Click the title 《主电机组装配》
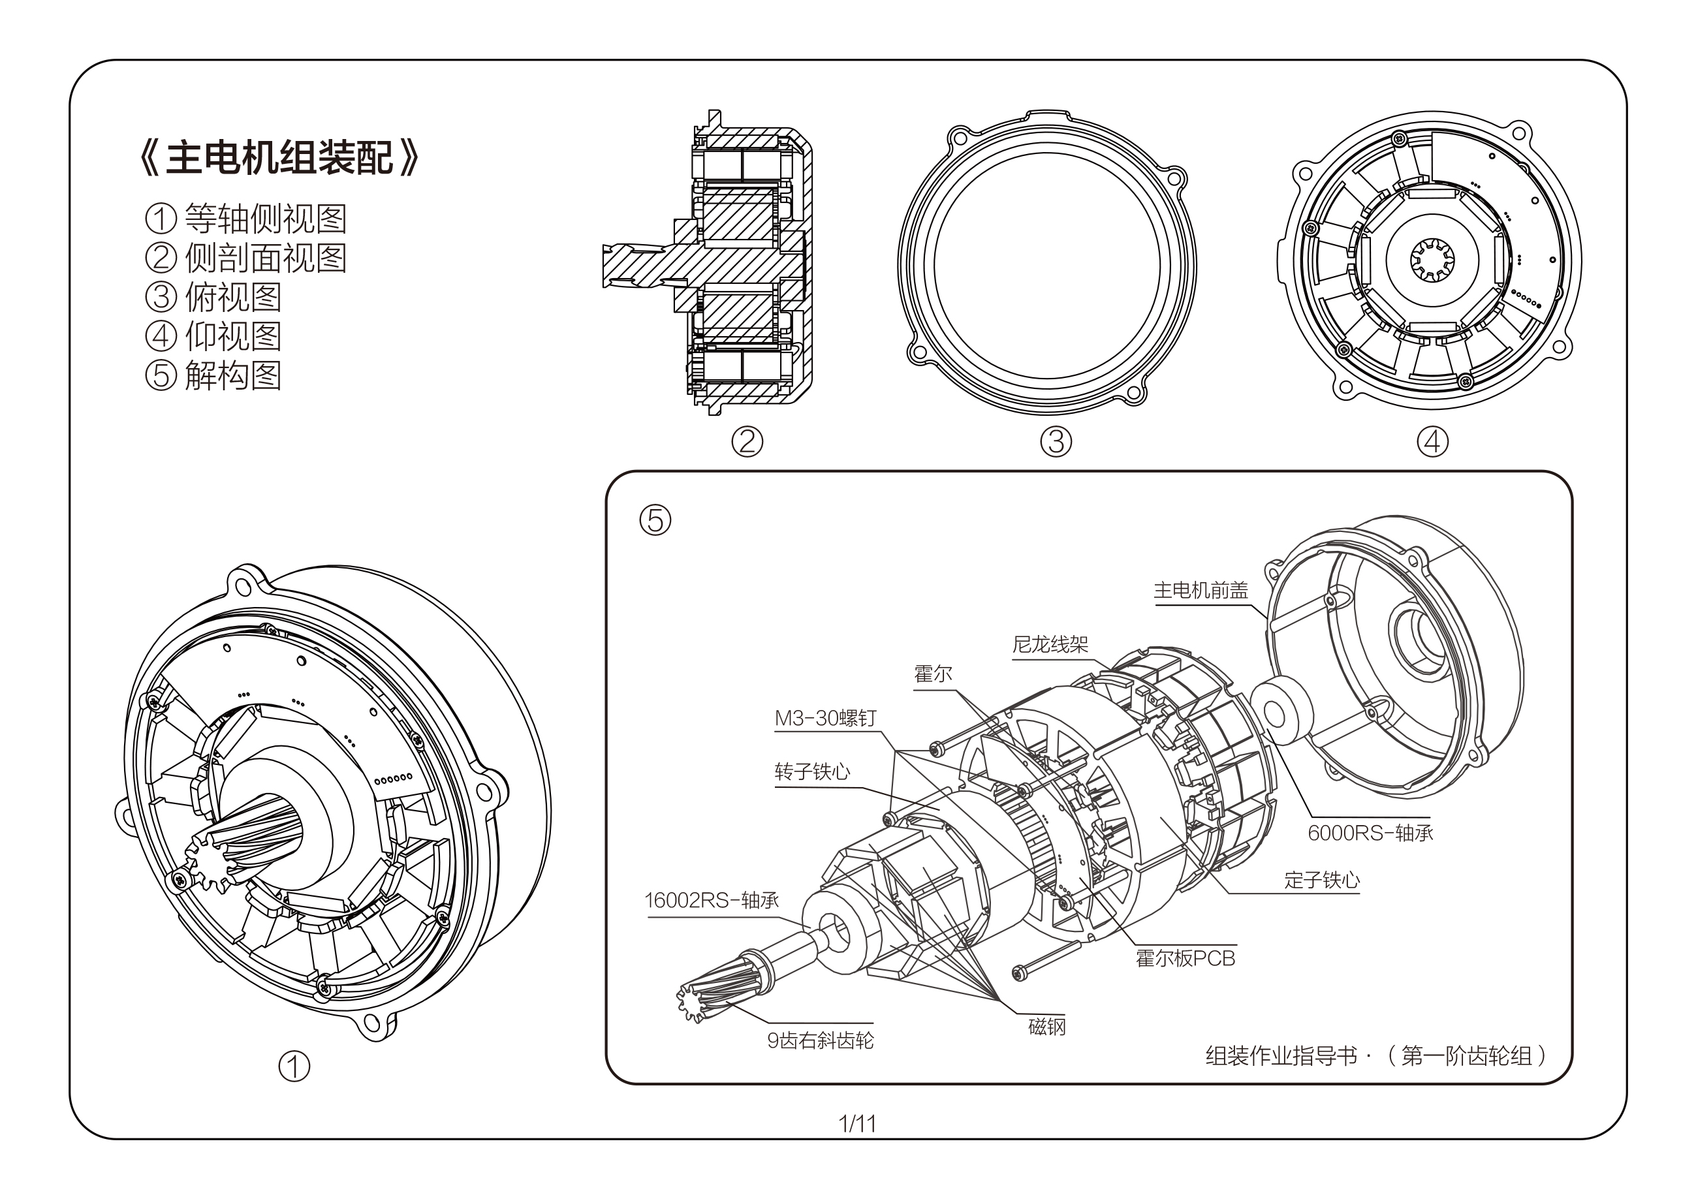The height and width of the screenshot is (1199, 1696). pos(279,159)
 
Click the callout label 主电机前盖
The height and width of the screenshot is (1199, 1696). pos(1201,590)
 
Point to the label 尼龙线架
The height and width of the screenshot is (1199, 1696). pos(1050,645)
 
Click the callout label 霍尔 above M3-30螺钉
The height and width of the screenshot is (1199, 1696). pos(933,674)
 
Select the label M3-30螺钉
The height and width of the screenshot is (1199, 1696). pos(825,718)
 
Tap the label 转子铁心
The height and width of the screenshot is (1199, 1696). pos(813,772)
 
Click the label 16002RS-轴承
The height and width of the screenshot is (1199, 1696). pos(712,901)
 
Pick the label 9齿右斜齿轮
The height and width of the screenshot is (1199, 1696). pos(820,1041)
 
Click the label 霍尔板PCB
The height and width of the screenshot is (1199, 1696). pos(1185,959)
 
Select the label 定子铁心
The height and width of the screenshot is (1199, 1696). pos(1321,880)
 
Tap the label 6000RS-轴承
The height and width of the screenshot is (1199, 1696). pos(1370,833)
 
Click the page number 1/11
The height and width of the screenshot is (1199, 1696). pos(857,1124)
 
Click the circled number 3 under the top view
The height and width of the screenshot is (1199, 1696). pos(1056,442)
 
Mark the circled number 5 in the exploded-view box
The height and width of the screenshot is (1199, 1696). pos(655,520)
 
